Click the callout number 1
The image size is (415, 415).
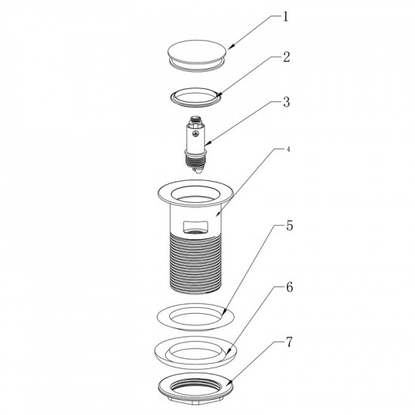click(x=285, y=17)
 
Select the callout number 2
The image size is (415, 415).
click(x=287, y=57)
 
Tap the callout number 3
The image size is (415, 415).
click(x=287, y=102)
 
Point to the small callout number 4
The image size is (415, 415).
click(x=288, y=149)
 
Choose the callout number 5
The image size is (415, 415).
click(x=290, y=226)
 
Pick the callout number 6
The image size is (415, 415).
click(x=290, y=287)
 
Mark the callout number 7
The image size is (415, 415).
click(x=290, y=343)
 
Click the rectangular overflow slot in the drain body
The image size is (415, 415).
click(x=196, y=226)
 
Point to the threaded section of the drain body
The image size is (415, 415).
click(x=195, y=263)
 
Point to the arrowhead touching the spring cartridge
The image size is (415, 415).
click(x=208, y=143)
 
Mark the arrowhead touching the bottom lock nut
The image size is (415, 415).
click(x=229, y=383)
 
